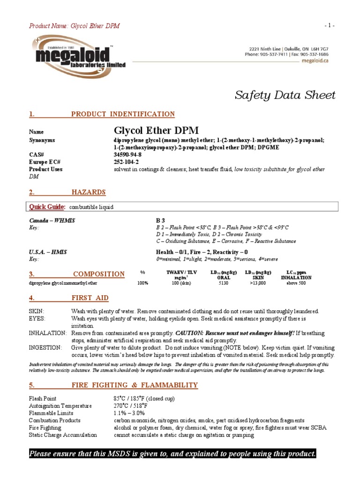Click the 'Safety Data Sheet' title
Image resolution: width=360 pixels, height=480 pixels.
[285, 96]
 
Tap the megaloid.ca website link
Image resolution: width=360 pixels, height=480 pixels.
[315, 60]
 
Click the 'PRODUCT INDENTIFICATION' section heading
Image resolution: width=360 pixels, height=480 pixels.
[123, 114]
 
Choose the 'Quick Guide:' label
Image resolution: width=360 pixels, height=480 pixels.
[47, 207]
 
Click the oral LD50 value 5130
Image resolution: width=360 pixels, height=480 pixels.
[224, 283]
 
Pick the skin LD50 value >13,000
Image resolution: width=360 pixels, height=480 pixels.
[257, 283]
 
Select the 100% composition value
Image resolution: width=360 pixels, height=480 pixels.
[142, 283]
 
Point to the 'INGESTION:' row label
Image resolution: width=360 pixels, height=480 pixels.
[45, 348]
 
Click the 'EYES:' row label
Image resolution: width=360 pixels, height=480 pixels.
[37, 318]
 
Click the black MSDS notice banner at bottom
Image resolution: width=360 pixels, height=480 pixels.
[172, 454]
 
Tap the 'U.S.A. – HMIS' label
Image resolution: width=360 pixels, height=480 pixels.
[48, 252]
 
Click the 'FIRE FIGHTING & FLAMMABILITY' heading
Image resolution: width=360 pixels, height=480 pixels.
[135, 385]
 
